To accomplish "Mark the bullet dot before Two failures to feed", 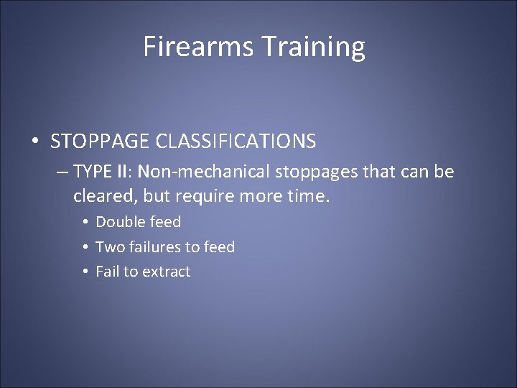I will tap(85, 247).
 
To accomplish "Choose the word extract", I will tap(167, 272).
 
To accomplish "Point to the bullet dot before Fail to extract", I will tap(85, 272).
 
